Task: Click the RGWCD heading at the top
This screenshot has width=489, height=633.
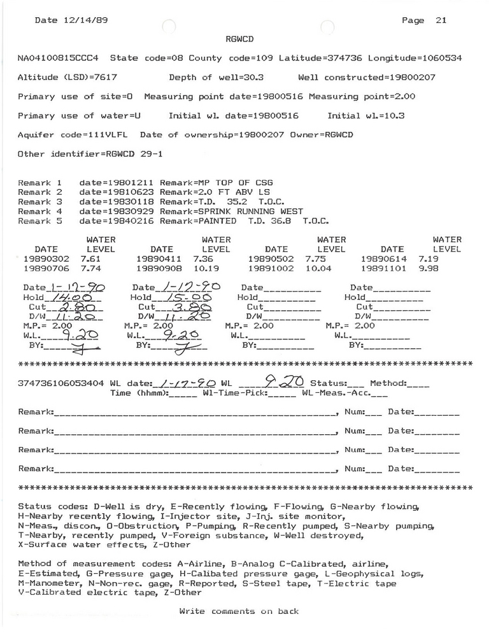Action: (x=239, y=39)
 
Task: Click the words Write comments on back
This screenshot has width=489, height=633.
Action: (x=239, y=612)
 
